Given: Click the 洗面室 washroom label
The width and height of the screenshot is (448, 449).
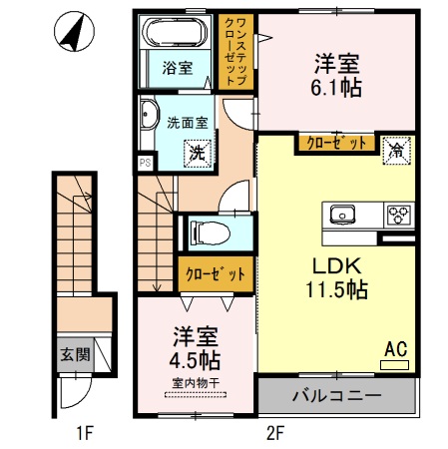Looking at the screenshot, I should tap(187, 123).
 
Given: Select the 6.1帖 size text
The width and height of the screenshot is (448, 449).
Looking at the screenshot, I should tap(334, 86).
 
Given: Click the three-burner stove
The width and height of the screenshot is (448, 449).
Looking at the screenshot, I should tap(400, 214).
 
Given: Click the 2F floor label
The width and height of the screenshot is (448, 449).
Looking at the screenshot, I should tap(275, 433).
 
